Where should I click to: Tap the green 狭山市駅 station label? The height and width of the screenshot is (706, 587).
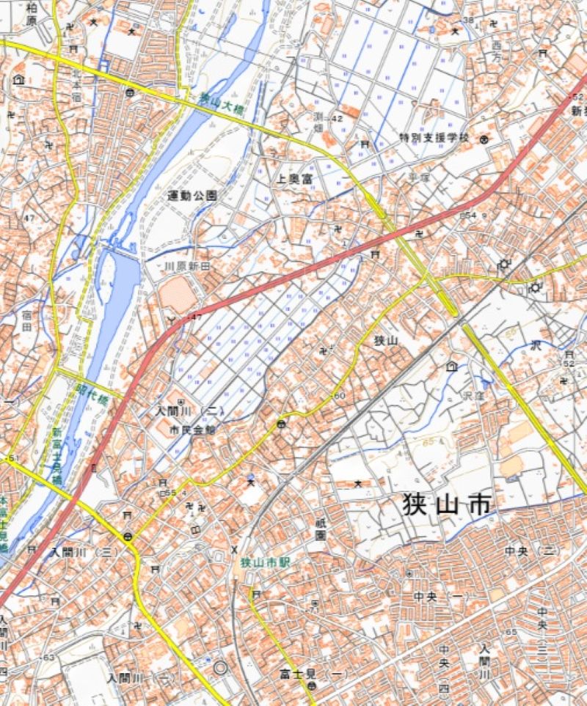[265, 562]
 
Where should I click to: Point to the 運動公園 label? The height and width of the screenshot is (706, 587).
[192, 196]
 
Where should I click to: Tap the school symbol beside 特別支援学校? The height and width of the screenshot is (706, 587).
[484, 139]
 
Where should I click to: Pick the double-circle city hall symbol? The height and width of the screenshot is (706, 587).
[221, 668]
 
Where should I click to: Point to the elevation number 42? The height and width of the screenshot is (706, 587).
[338, 118]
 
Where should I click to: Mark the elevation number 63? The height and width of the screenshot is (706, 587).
[48, 658]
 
